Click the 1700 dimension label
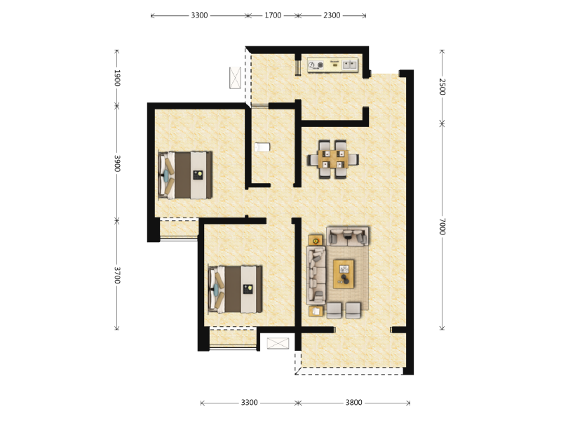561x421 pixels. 273,15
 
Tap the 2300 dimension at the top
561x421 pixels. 332,15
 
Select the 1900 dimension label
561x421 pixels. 117,78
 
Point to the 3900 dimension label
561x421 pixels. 117,163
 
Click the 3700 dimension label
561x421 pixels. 117,275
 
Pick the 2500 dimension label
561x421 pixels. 442,86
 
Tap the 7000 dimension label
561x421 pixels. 442,226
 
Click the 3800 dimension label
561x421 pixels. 353,402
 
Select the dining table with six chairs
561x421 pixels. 333,159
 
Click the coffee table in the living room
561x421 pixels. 344,274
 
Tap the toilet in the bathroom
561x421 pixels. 262,147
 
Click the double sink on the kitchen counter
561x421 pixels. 349,65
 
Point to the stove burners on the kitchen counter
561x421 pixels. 316,65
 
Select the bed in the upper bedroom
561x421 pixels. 185,175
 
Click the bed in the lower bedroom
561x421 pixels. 236,289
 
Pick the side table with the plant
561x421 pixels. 316,240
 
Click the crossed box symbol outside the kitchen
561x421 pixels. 235,77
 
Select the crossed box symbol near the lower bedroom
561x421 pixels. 278,343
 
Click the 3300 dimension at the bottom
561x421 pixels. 249,402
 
